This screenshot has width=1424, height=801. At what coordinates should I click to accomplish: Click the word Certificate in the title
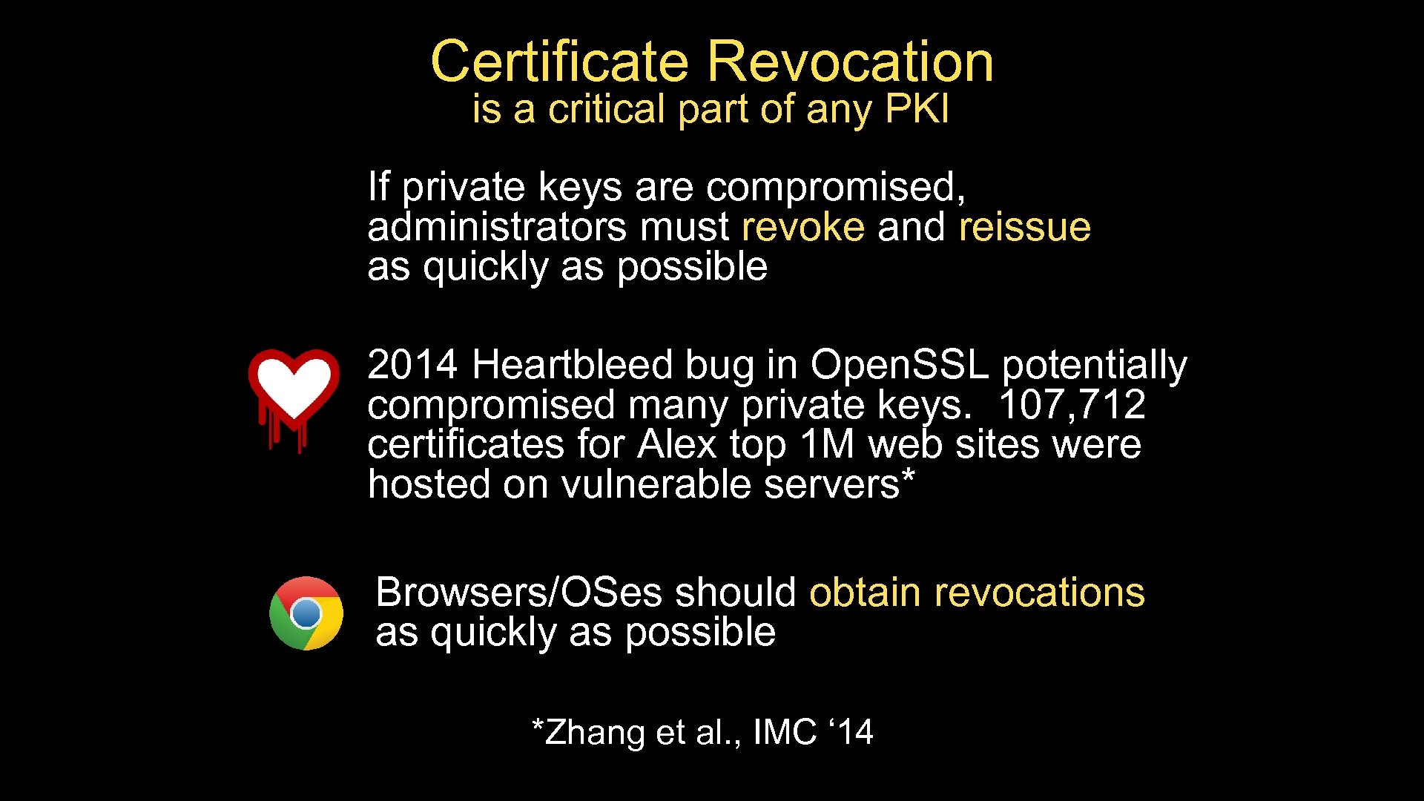pos(560,62)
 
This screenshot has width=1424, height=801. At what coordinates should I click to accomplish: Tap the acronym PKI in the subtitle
pos(917,110)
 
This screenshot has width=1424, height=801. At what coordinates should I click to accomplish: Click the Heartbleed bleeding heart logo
pos(294,398)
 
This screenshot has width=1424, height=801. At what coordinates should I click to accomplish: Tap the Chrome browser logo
pos(306,613)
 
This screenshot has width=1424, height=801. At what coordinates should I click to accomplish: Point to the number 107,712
pos(1072,405)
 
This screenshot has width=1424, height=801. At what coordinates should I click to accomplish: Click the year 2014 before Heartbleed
pos(412,365)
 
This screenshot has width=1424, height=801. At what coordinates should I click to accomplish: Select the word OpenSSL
pos(899,365)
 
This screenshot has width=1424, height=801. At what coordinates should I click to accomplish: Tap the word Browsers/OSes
pos(518,593)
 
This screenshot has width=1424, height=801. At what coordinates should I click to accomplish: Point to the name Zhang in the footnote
pos(594,733)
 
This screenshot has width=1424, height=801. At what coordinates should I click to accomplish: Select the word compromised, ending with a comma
pos(836,187)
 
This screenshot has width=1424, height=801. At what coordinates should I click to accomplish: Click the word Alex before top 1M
pos(676,445)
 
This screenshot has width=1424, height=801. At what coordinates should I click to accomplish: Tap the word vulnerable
pos(656,485)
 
